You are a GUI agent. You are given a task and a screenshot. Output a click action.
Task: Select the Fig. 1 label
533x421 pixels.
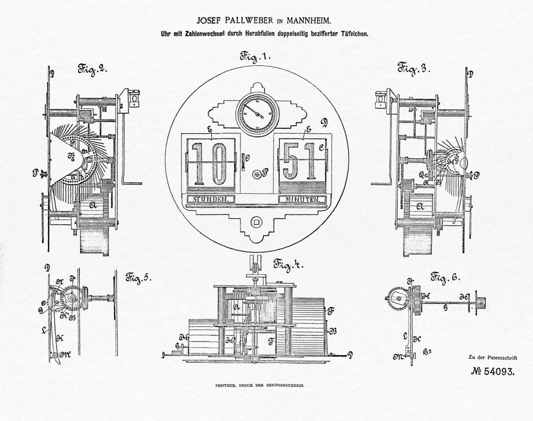coord(256,57)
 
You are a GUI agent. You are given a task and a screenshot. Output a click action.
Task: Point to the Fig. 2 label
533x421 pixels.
coord(93,69)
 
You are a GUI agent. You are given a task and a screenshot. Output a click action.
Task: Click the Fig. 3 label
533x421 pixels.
coord(414,68)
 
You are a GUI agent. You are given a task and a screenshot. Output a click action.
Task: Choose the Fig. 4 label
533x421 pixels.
coord(288,265)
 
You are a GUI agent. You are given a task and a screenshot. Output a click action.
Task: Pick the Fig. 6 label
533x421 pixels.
coord(445,278)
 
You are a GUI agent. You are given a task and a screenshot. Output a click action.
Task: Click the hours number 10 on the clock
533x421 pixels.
coord(211,163)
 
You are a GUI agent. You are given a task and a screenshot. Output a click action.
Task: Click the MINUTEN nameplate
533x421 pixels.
coord(302,199)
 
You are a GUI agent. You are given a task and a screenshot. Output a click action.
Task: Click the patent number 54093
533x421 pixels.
coord(493,371)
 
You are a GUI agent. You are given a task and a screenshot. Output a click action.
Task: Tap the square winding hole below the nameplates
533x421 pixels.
coord(256,221)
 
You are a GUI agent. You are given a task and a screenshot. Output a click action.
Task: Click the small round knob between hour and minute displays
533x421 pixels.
coord(256,175)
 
